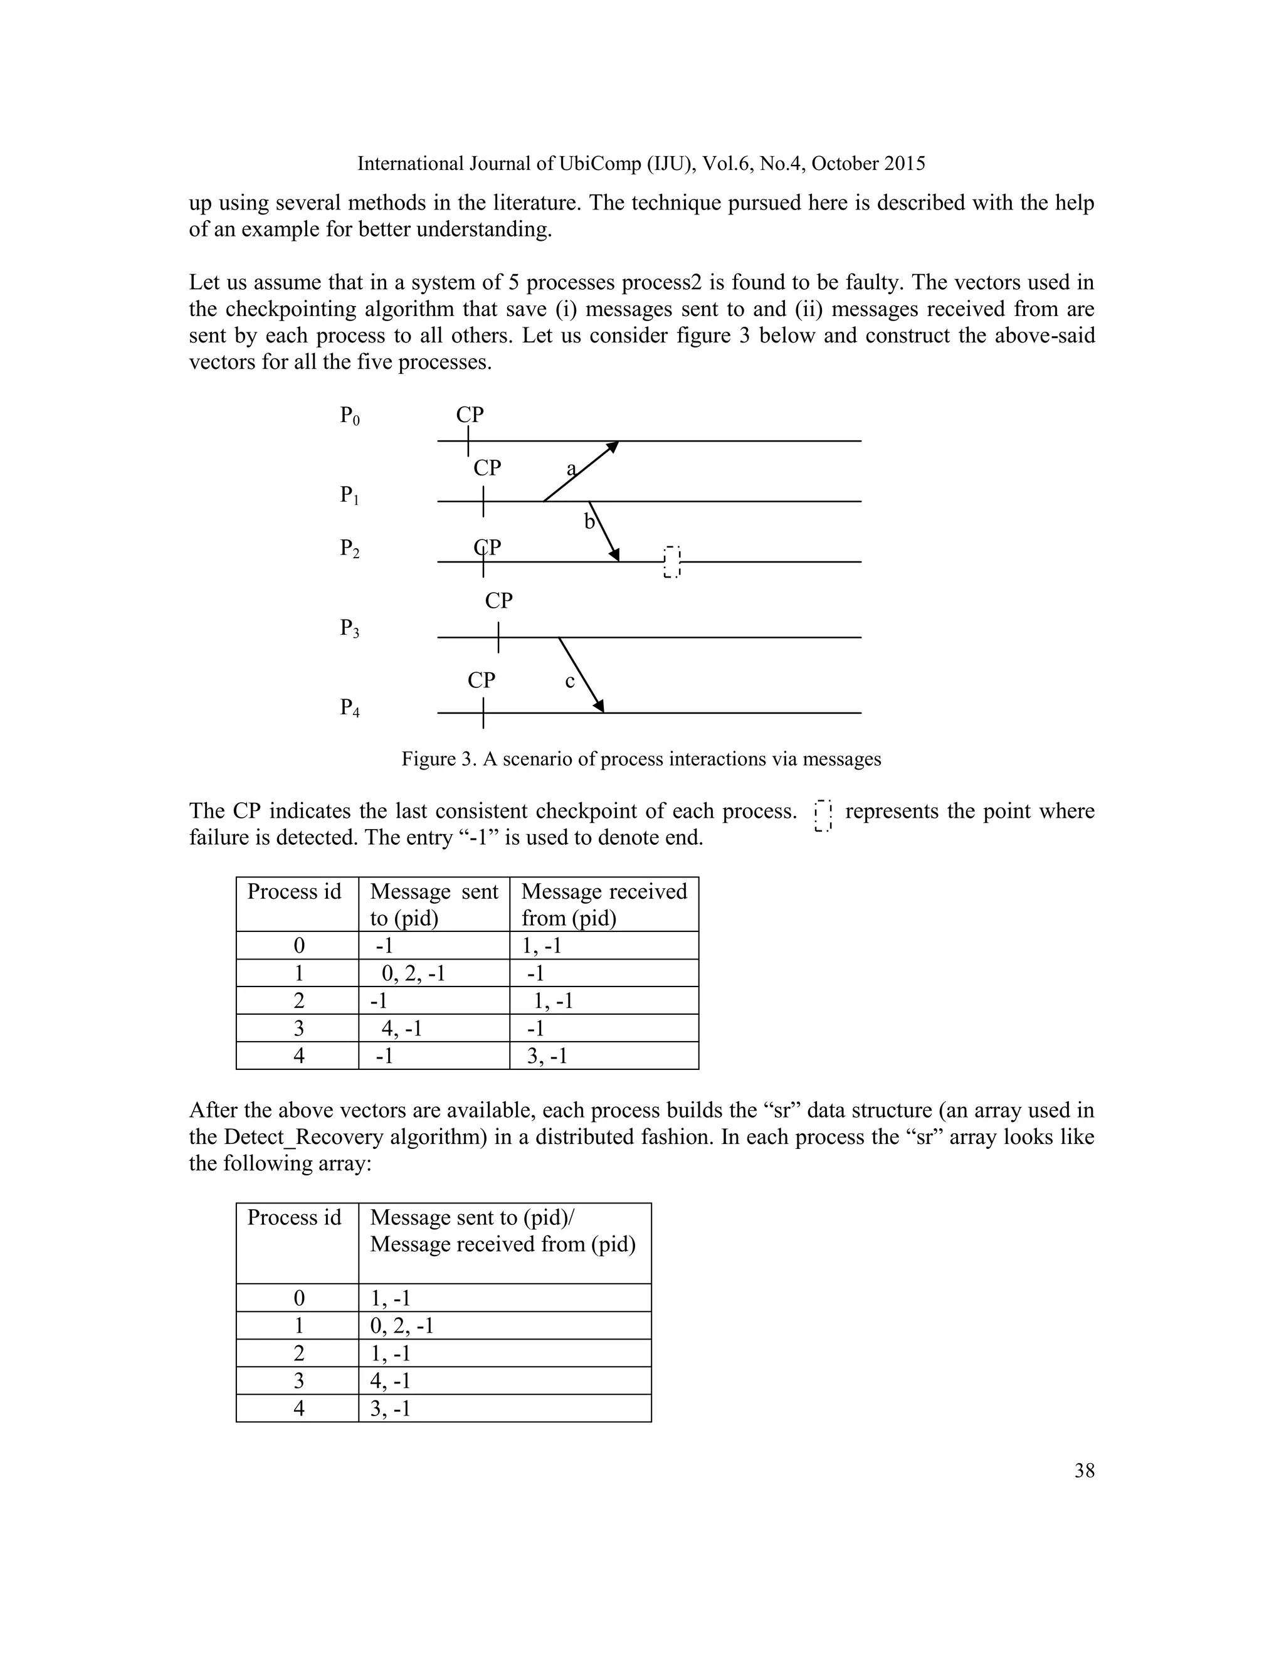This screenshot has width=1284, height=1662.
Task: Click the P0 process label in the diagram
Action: [x=349, y=416]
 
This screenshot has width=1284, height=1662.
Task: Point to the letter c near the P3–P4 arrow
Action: [x=570, y=681]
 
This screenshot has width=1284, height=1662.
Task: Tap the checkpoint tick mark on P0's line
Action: [x=468, y=442]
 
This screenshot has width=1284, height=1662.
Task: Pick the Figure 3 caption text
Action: [x=641, y=759]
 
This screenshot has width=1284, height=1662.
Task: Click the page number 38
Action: [x=1084, y=1471]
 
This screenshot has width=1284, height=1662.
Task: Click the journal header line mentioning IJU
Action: [x=641, y=164]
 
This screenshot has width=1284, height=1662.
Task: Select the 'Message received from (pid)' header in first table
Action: [x=604, y=904]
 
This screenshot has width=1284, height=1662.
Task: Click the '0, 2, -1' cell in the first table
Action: [x=413, y=973]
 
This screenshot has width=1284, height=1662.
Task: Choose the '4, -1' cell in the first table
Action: [x=402, y=1029]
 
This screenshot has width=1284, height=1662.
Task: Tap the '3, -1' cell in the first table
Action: [x=547, y=1056]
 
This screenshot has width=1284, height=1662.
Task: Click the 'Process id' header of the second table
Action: [x=295, y=1217]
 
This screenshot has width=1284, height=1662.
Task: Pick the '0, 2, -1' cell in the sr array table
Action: [x=402, y=1326]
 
